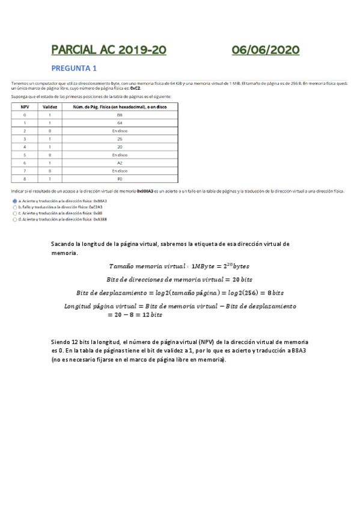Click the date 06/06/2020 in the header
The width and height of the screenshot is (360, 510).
click(266, 51)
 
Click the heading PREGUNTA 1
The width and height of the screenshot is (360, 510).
click(74, 68)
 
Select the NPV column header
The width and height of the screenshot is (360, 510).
click(25, 106)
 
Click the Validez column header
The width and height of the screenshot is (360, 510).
click(49, 106)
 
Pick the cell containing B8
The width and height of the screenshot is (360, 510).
click(120, 114)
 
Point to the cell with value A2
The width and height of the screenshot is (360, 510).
click(120, 162)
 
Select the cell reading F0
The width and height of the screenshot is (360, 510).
click(120, 179)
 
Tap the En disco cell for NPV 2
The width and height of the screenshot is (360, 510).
click(120, 130)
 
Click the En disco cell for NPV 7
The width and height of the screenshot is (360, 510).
click(120, 170)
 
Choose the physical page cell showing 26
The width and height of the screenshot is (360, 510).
click(120, 138)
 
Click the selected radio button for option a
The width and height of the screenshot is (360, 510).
click(14, 201)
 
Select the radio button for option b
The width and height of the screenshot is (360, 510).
click(14, 207)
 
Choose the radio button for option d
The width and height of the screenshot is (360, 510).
click(14, 220)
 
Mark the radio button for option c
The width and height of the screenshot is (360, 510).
click(14, 213)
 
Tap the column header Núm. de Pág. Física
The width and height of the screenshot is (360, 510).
click(120, 106)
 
